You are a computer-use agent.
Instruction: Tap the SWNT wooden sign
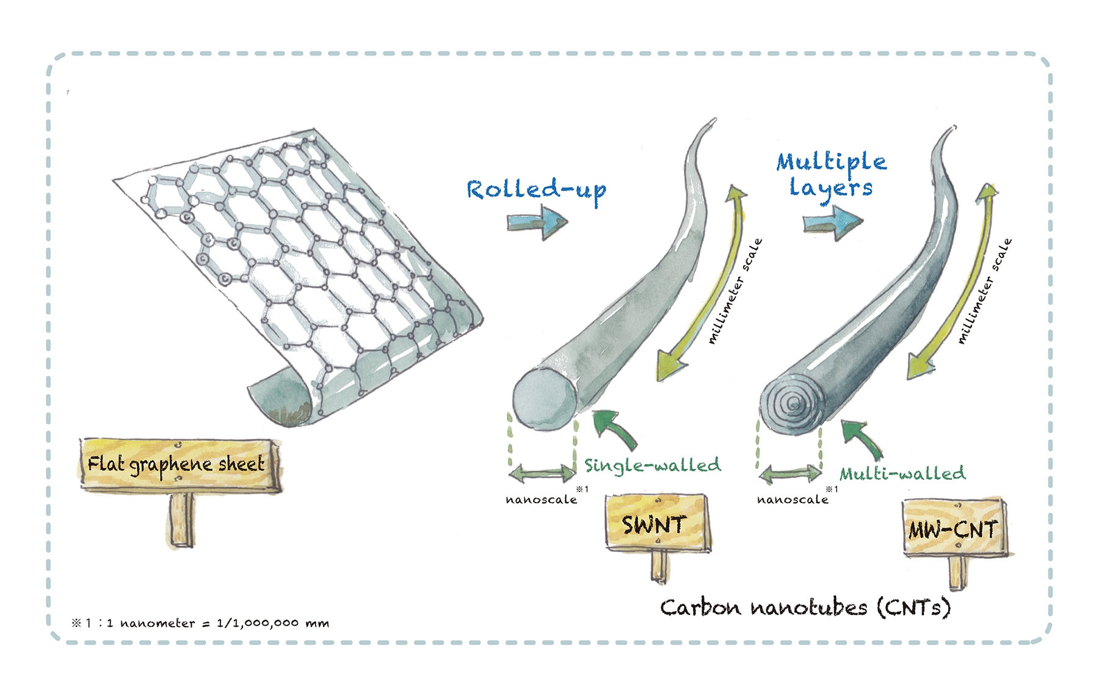(x=656, y=523)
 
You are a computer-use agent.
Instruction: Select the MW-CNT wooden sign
(x=953, y=528)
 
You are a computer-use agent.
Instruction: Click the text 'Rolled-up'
(x=536, y=190)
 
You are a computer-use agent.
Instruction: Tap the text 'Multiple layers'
(x=831, y=175)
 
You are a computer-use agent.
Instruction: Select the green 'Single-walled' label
(x=652, y=465)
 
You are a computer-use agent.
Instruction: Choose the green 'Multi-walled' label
(x=902, y=473)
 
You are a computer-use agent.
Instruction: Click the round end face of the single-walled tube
(x=544, y=398)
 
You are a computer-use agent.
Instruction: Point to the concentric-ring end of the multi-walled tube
(x=792, y=404)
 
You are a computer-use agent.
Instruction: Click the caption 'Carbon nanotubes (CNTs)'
(x=805, y=607)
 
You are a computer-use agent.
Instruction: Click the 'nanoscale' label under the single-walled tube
(x=541, y=499)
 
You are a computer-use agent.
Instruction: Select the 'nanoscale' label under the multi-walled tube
(x=793, y=499)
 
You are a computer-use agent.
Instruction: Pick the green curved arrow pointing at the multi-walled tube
(x=861, y=437)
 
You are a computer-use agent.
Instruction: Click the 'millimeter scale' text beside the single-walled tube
(x=735, y=292)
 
